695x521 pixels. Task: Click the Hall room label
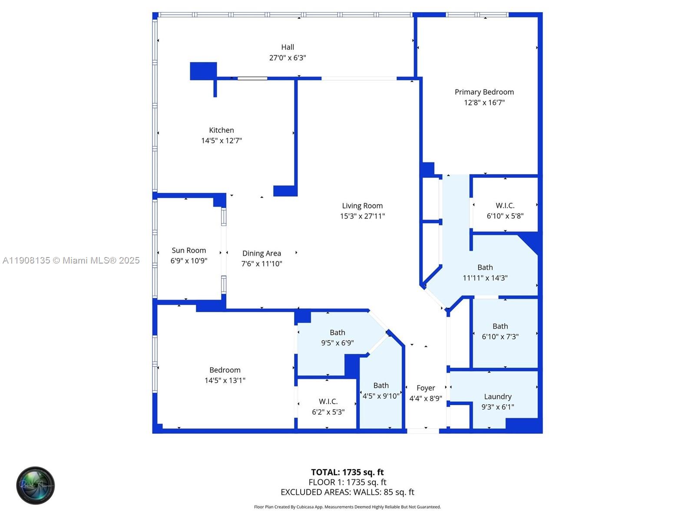(288, 47)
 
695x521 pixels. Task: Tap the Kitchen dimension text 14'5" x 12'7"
(222, 141)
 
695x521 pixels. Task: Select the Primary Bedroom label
(484, 92)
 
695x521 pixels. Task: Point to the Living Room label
(362, 206)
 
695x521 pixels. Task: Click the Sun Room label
(189, 251)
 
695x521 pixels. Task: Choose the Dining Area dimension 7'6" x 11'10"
(262, 264)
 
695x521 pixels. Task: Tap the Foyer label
(426, 388)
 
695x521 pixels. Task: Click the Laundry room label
(498, 397)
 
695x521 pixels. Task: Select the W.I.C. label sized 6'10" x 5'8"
(505, 206)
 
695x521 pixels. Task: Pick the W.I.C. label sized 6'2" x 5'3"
(328, 402)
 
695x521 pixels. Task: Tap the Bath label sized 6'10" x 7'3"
(500, 326)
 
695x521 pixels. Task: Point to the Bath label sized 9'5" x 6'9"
(338, 333)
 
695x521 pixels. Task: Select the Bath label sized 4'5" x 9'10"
(381, 386)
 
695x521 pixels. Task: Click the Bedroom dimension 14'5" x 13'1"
(225, 380)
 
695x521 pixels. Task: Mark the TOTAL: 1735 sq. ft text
(347, 472)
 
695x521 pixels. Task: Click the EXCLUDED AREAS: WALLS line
(347, 492)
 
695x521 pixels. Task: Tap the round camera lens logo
(36, 485)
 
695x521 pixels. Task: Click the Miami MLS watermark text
(71, 260)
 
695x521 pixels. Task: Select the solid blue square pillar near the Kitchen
(203, 71)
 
